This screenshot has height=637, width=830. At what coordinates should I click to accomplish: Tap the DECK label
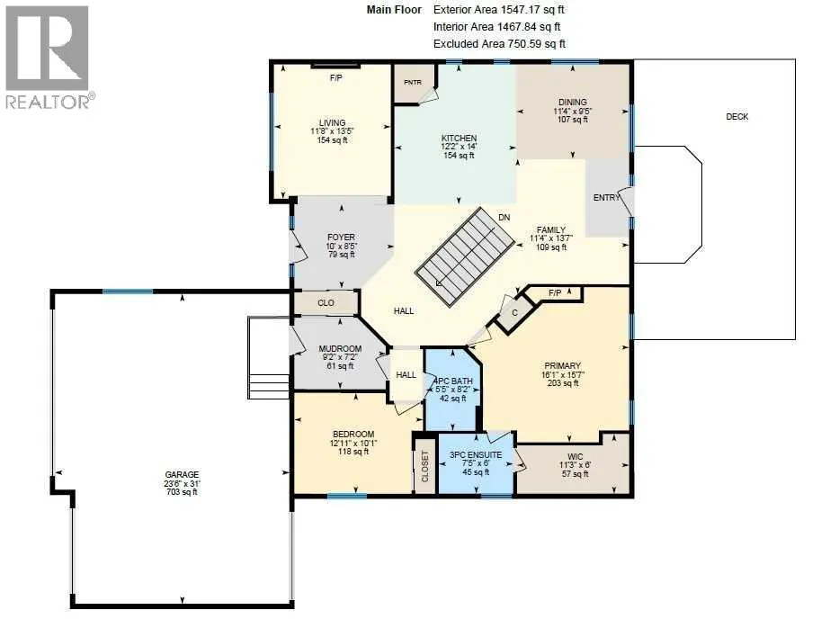[x=736, y=116]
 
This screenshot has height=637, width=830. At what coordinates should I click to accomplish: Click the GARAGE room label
[x=182, y=474]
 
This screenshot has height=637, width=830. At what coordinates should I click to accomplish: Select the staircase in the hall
[x=465, y=256]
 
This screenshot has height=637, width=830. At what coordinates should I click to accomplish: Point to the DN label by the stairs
[x=504, y=218]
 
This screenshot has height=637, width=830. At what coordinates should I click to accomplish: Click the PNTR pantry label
[x=413, y=82]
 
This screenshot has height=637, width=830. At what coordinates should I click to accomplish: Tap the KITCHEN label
[x=459, y=138]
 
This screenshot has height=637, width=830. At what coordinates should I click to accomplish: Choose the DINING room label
[x=572, y=103]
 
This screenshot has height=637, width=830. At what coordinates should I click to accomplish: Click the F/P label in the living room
[x=335, y=78]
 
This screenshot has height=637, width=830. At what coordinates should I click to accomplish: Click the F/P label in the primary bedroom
[x=554, y=292]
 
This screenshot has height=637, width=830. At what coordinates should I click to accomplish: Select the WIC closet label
[x=575, y=456]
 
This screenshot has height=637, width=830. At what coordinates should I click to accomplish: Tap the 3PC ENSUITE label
[x=476, y=455]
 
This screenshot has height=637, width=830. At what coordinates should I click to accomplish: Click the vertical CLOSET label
[x=425, y=466]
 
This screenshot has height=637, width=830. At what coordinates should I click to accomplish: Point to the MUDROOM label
[x=340, y=348]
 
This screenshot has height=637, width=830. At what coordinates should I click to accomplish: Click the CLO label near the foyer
[x=326, y=303]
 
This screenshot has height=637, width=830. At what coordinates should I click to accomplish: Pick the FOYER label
[x=341, y=238]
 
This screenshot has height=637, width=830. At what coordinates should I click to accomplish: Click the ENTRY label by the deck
[x=606, y=198]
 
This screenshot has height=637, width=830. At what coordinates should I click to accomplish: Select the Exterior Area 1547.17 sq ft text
[x=499, y=10]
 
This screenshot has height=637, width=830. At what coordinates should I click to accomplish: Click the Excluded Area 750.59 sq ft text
[x=499, y=44]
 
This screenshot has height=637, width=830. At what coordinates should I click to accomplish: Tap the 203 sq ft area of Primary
[x=563, y=383]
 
